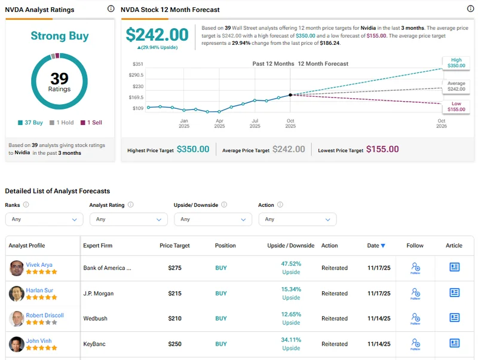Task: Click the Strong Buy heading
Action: [x=59, y=36]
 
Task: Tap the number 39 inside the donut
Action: [x=59, y=79]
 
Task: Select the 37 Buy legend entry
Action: [x=30, y=123]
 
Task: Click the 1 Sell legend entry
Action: [x=91, y=123]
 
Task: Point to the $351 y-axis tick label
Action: [x=137, y=64]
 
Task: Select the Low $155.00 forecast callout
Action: [x=456, y=106]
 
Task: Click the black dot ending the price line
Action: [x=290, y=94]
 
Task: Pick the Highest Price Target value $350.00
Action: [x=193, y=150]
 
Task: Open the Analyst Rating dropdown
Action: [x=128, y=219]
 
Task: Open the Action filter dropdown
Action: [x=297, y=219]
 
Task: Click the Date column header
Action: [x=376, y=246]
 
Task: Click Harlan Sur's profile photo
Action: [x=17, y=293]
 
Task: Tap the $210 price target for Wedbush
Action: [x=174, y=319]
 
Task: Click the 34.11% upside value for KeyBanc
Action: [x=291, y=340]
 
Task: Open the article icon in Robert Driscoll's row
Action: [x=454, y=318]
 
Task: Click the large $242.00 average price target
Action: [x=157, y=35]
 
